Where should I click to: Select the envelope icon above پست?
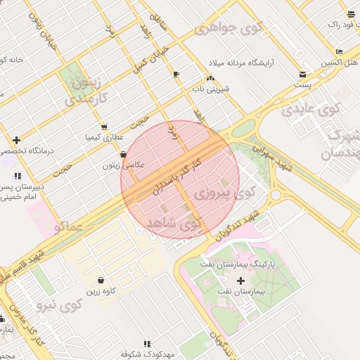(303, 74)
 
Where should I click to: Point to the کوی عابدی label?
(310, 110)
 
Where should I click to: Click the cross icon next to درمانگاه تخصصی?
(16, 140)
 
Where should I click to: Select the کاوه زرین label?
(101, 290)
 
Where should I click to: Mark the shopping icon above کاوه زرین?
(101, 280)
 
